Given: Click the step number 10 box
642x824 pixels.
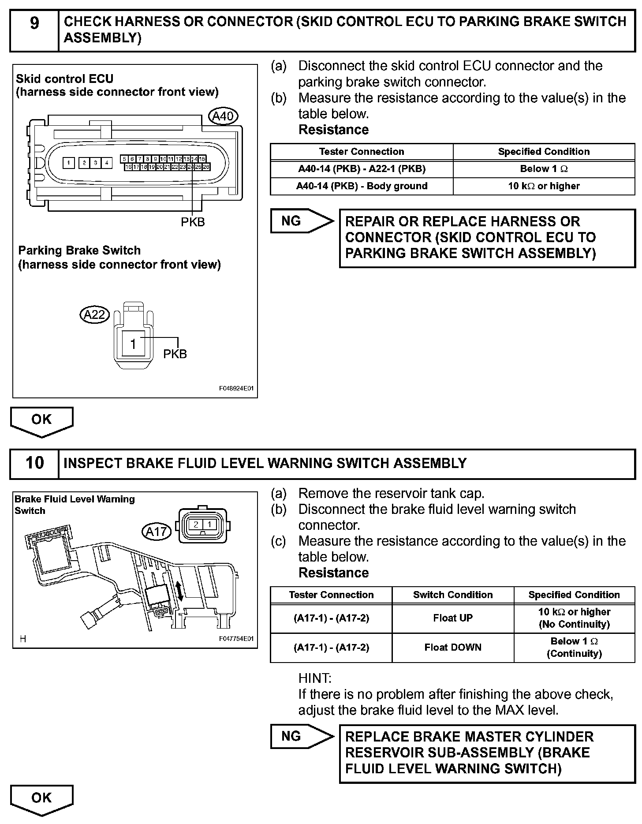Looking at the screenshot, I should tap(34, 463).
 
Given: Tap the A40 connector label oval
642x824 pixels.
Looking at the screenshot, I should tap(223, 116).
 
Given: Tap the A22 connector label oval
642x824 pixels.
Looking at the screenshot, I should tap(94, 315).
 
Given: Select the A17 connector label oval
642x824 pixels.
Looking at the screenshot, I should tap(156, 532).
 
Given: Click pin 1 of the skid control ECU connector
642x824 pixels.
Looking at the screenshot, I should tap(68, 163).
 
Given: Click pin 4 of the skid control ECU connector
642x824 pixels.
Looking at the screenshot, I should tap(107, 163).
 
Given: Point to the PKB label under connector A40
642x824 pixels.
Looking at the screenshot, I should tap(193, 222).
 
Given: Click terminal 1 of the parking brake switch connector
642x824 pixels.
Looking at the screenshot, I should tap(133, 343).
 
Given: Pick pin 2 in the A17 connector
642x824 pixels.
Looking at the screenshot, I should tap(196, 525).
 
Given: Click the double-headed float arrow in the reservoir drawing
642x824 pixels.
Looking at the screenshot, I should tap(179, 591).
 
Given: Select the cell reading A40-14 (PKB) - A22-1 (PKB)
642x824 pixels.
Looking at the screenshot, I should tap(362, 169).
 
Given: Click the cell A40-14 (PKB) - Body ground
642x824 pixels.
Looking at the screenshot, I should tap(362, 186).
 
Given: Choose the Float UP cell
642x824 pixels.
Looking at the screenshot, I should tap(453, 618).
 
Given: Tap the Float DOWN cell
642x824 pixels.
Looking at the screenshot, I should tap(453, 648).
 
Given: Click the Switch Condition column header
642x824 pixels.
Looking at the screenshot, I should tap(453, 595).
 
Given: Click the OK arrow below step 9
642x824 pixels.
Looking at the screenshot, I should tap(41, 421).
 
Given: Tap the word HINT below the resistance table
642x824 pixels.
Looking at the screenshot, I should tap(315, 678).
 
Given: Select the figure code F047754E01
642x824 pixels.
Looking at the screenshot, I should tap(237, 639).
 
